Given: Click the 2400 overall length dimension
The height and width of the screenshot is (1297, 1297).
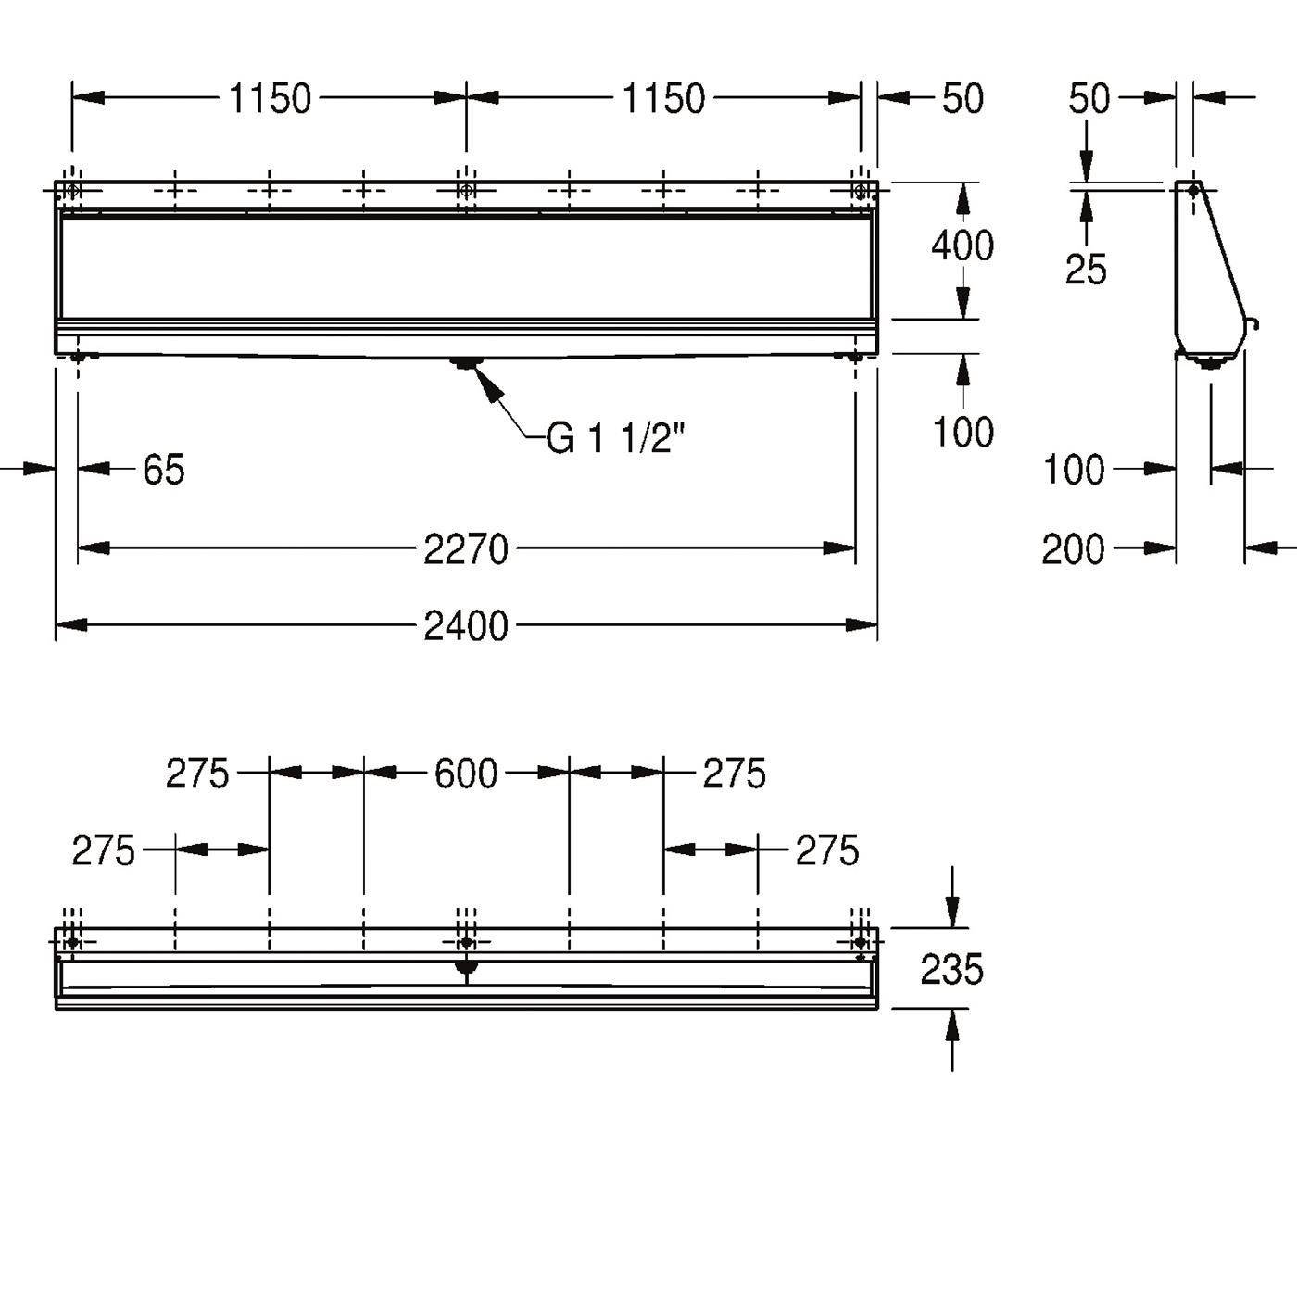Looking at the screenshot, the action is (466, 626).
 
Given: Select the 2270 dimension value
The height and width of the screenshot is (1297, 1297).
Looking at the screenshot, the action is (466, 550).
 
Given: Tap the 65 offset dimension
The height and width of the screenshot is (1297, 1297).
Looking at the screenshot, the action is (164, 470).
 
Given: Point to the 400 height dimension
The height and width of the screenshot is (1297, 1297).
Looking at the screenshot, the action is (963, 246).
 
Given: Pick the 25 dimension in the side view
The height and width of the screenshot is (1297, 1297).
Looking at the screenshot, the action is (1086, 270).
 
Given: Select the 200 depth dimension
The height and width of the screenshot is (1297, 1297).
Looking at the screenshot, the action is (1074, 550).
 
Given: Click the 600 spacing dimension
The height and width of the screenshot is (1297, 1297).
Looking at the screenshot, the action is (466, 774).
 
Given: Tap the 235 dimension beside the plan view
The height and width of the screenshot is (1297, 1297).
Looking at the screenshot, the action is (951, 970).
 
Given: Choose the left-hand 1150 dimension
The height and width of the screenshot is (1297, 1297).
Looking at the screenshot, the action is (270, 99).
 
